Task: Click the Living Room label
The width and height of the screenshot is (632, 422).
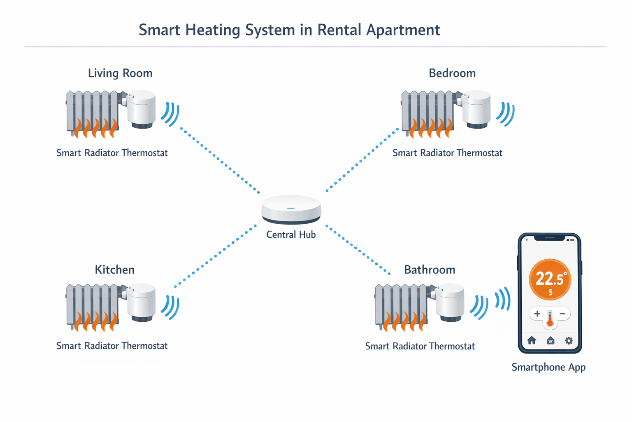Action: tap(120, 73)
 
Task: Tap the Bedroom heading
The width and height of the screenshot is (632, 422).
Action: tap(452, 73)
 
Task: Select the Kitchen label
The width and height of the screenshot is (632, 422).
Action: tap(114, 270)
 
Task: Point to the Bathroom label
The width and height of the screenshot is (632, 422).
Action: tap(430, 270)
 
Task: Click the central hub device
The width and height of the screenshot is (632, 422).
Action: tap(291, 209)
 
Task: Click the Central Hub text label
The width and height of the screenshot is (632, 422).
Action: tap(291, 235)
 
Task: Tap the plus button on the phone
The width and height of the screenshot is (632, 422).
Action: tap(537, 314)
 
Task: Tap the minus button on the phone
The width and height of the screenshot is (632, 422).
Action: tap(562, 314)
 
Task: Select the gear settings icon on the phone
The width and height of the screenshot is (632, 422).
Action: tap(569, 341)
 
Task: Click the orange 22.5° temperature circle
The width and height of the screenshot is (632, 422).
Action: tap(550, 280)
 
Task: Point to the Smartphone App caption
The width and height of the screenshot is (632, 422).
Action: tap(548, 367)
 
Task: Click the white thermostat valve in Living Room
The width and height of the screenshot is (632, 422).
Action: tap(141, 109)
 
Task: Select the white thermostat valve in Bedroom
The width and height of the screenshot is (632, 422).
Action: tap(476, 109)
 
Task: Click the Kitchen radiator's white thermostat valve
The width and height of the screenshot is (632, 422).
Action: tap(141, 302)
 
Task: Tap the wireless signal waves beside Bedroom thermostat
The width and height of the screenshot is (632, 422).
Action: tap(506, 113)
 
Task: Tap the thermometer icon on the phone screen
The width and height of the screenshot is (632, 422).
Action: tap(550, 319)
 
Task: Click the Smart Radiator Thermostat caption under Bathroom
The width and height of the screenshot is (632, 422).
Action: tap(420, 347)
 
